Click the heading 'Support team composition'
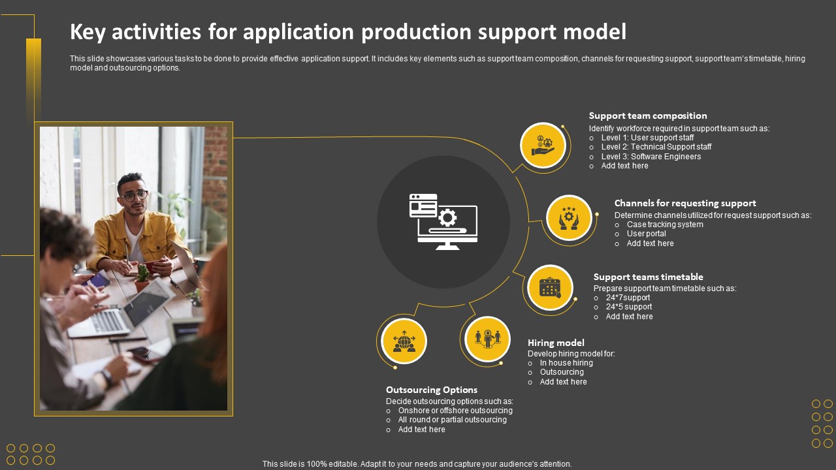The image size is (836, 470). [x=648, y=116]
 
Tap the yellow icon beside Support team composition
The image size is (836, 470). [x=543, y=145]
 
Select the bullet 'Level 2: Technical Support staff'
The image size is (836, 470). [x=656, y=147]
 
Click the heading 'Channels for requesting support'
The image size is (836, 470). [x=685, y=203]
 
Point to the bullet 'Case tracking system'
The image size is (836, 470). [x=665, y=225]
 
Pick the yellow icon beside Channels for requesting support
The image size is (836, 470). [x=569, y=217]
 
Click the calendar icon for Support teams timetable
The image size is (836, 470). [x=550, y=287]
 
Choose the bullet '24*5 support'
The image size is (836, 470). [x=628, y=307]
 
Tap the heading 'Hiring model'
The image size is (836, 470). [x=556, y=343]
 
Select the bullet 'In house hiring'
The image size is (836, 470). [x=566, y=363]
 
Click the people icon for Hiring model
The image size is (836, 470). [x=487, y=339]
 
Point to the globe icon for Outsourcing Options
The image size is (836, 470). [x=404, y=341]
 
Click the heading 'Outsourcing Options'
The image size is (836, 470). [x=432, y=390]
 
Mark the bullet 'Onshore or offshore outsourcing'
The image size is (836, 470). [x=455, y=411]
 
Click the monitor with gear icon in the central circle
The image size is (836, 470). [x=443, y=222]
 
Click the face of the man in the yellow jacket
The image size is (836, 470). [x=133, y=196]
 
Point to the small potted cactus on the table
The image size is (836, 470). [x=142, y=275]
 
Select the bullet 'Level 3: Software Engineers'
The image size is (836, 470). [x=651, y=157]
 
